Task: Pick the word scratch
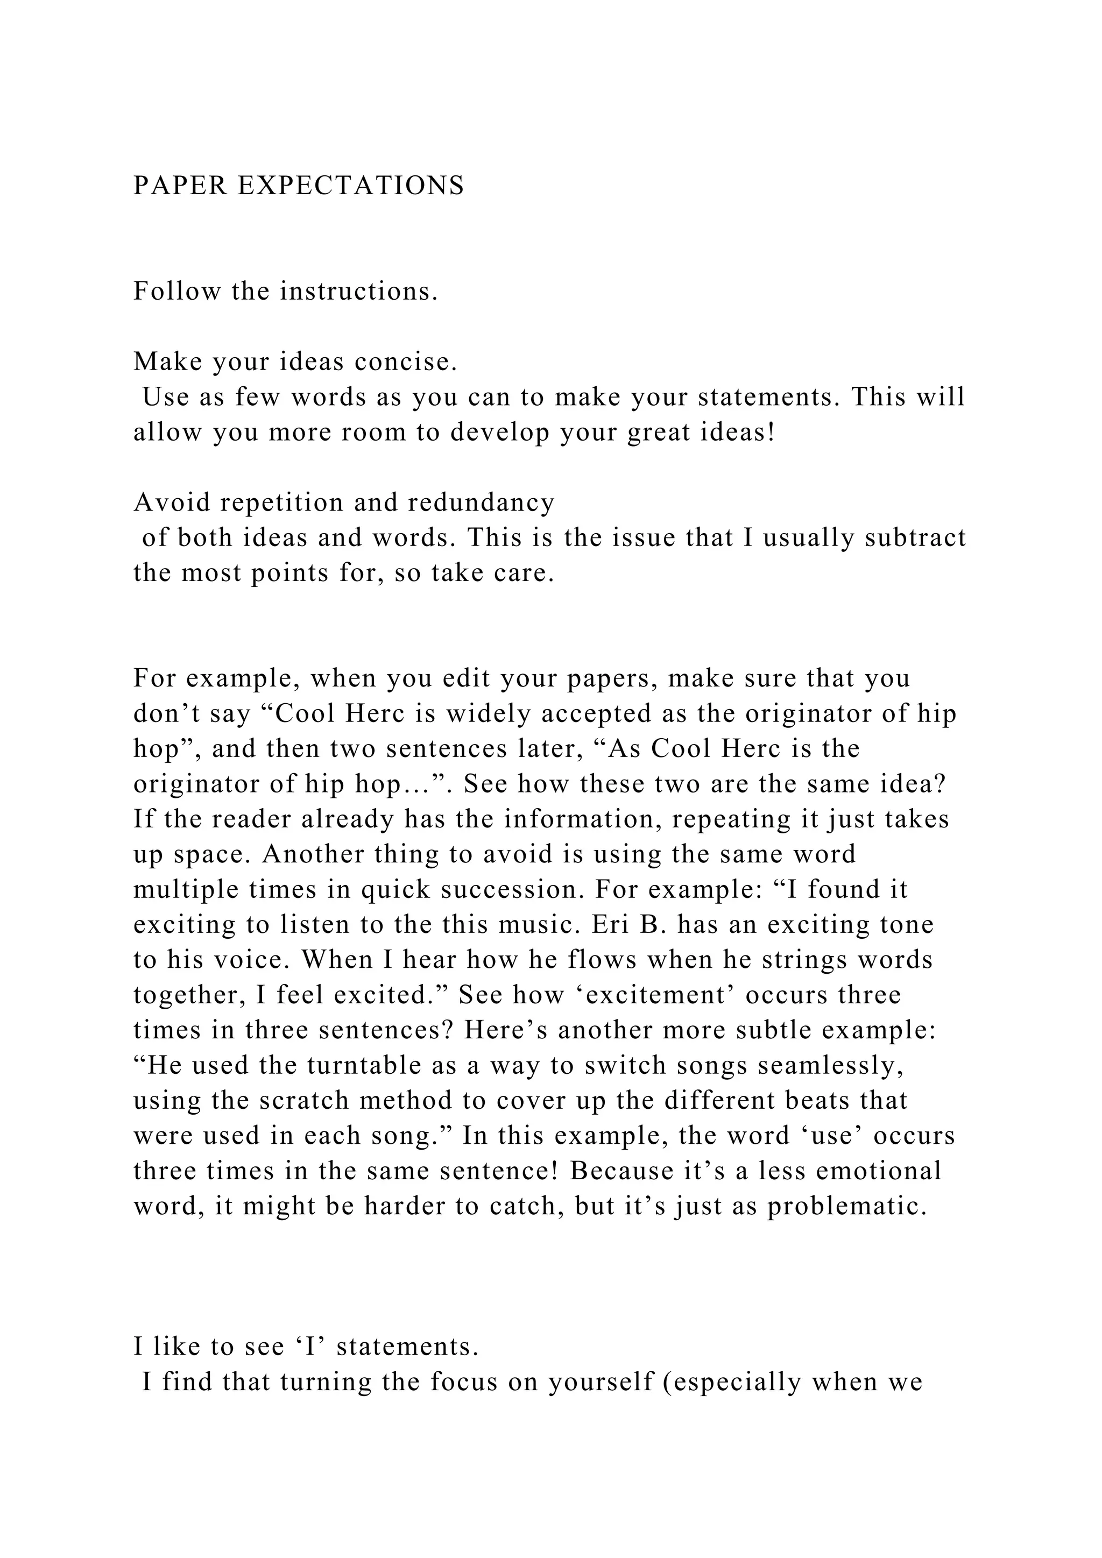click(305, 1101)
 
